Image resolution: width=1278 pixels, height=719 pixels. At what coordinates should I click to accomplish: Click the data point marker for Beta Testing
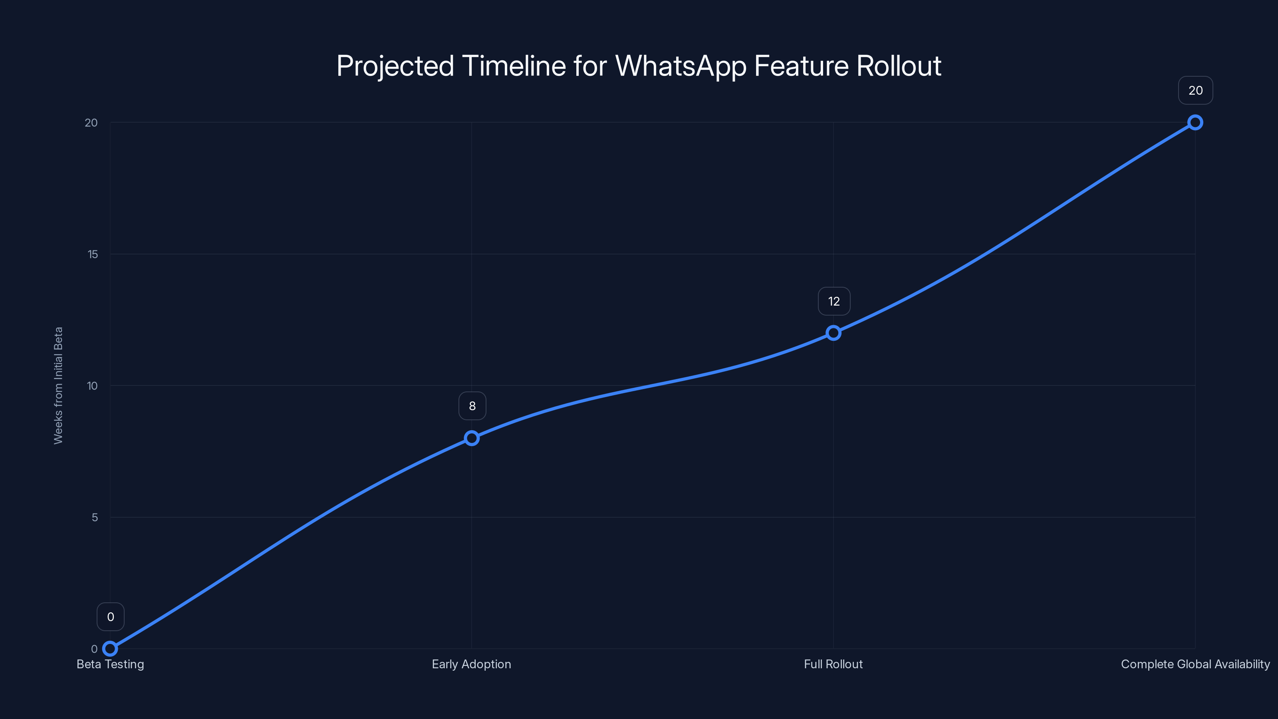click(x=110, y=649)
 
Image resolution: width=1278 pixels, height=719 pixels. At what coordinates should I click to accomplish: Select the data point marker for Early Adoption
click(x=471, y=438)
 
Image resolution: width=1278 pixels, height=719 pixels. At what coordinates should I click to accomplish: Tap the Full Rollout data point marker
click(x=833, y=333)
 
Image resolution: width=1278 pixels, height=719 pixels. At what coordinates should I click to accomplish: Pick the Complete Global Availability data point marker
click(x=1195, y=123)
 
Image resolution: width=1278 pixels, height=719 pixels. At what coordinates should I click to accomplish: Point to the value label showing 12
click(x=834, y=301)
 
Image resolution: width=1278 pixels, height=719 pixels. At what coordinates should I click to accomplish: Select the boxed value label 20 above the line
click(x=1196, y=90)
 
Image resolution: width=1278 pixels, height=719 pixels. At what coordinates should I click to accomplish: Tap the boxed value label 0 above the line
click(x=111, y=617)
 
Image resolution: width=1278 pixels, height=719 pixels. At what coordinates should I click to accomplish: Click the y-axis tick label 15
click(x=93, y=254)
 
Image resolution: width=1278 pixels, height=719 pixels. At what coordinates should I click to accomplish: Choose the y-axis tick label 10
click(x=92, y=386)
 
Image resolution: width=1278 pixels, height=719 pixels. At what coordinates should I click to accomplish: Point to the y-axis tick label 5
click(x=94, y=518)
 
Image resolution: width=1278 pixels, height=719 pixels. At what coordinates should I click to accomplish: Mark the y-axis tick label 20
click(x=91, y=123)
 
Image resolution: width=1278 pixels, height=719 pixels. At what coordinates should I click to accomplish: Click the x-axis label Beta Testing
click(x=110, y=664)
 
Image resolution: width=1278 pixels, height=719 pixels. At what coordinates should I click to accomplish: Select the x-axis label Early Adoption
click(x=471, y=664)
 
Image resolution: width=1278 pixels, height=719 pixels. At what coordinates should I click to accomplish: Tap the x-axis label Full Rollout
click(x=833, y=664)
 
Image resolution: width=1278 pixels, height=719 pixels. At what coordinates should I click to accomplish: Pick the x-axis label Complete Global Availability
click(x=1195, y=664)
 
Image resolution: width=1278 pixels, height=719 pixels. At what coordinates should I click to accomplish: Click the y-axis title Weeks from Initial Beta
click(x=58, y=385)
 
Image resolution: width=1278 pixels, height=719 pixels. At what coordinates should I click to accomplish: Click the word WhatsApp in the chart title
click(x=680, y=66)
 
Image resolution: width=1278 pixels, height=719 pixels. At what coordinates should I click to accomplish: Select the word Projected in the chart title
click(x=395, y=66)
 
